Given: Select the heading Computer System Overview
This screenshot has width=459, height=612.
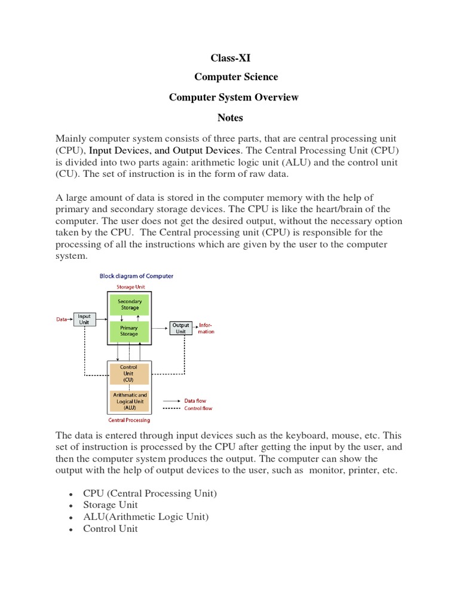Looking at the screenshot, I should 234,97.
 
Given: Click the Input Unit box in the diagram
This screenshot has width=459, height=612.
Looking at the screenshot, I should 84,320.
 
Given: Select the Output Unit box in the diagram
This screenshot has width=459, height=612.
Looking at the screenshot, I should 180,328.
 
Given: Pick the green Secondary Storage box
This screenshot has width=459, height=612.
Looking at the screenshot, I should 129,305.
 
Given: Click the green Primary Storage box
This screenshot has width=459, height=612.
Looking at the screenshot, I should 129,331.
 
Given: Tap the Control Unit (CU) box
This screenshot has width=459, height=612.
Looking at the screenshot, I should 129,374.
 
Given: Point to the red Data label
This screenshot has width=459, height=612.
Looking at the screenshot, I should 62,320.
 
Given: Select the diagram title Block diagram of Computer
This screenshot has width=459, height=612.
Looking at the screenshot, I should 136,276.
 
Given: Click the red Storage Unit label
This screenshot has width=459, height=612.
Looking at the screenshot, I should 130,287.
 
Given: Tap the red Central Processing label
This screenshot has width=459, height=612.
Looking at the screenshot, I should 129,420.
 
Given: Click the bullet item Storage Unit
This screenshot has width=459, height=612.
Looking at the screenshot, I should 110,505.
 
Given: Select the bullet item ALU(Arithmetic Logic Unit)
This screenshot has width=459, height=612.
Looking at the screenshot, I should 146,517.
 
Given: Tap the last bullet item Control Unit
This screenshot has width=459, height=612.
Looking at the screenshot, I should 110,529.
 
